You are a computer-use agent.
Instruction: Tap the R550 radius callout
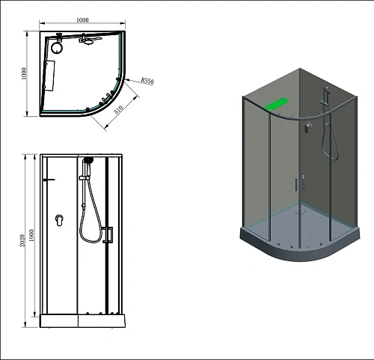tap(147, 80)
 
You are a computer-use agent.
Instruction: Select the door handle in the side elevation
tap(108, 234)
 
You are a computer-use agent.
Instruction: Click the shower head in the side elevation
tap(88, 161)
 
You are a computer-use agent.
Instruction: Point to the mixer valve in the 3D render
tap(306, 128)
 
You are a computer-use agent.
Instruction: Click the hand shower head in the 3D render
tap(325, 97)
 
